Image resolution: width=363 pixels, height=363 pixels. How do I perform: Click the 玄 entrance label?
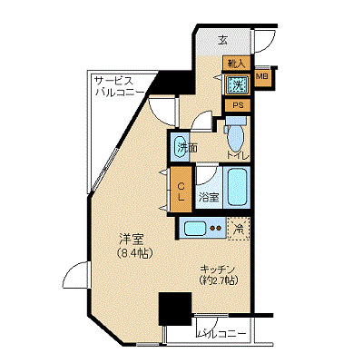(x=223, y=40)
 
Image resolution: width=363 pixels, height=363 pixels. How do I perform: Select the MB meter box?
(x=261, y=78)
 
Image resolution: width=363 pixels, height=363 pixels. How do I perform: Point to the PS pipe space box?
(x=238, y=105)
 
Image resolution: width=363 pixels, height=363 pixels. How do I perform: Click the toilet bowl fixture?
(x=234, y=136)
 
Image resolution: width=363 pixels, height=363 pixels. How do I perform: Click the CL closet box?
(x=181, y=188)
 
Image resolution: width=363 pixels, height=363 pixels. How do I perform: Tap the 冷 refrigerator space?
(x=238, y=228)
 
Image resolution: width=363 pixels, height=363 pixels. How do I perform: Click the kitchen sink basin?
(x=194, y=228)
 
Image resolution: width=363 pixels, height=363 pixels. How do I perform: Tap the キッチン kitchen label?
(x=219, y=269)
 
